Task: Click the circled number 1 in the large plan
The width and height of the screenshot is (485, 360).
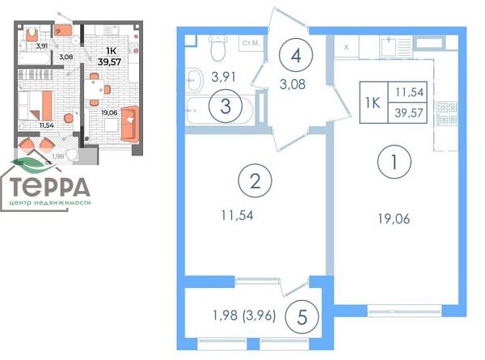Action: [x=394, y=162]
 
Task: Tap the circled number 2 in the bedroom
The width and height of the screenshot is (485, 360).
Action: [x=255, y=181]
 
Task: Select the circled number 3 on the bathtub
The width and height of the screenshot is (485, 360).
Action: [x=226, y=106]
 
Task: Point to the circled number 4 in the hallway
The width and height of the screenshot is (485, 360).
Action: [x=296, y=55]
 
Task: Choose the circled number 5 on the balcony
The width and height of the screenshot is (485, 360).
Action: [x=302, y=317]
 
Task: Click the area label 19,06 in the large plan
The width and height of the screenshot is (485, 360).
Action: [x=394, y=219]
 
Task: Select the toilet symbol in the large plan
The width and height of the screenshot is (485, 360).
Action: [x=218, y=47]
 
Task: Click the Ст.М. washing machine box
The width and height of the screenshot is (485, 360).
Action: [x=251, y=44]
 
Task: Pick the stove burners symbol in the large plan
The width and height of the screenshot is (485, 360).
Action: [x=447, y=113]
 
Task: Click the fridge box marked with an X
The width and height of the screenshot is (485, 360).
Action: [x=347, y=48]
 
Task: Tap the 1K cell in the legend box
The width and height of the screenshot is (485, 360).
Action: [x=373, y=103]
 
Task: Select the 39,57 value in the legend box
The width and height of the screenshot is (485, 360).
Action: [x=408, y=113]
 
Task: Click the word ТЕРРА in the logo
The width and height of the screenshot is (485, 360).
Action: [x=50, y=187]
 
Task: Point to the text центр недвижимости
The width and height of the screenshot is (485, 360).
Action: [x=50, y=203]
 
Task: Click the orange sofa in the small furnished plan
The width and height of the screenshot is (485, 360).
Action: [x=129, y=124]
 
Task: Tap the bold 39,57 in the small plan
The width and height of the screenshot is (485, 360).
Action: [x=109, y=61]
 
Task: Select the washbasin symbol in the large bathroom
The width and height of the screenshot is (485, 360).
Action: [x=194, y=80]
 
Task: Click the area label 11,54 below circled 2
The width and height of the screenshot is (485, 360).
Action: [x=237, y=215]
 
